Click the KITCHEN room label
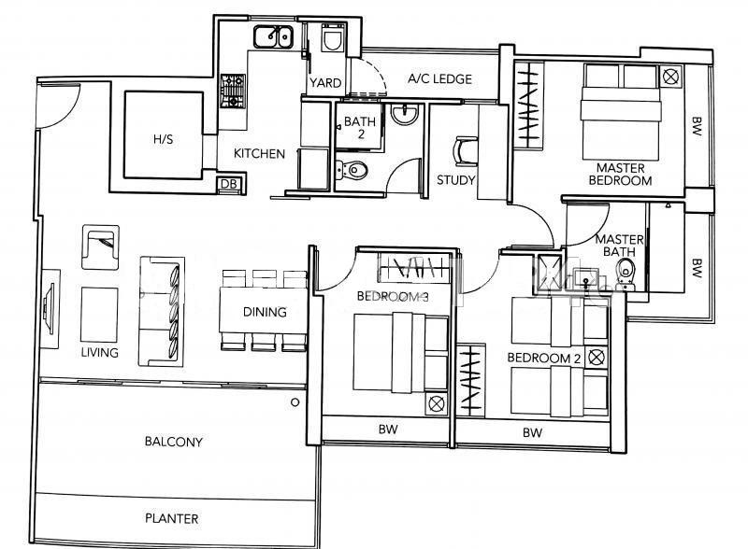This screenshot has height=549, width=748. coord(259,153)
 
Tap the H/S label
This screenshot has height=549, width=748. coord(163,139)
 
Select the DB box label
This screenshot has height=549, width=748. coord(229,184)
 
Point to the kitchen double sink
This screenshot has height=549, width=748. coord(273,36)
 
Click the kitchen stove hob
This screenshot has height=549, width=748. coord(233,91)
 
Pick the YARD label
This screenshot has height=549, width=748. coord(325,83)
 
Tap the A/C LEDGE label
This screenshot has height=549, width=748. coord(439,79)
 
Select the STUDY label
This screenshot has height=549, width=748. coord(456,180)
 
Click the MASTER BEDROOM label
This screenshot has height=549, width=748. coord(620,175)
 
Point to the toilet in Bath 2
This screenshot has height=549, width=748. coord(352,170)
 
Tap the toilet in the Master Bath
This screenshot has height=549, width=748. coord(625,276)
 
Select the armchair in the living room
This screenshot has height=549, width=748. coord(100,247)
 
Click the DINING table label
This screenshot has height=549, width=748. coord(265,312)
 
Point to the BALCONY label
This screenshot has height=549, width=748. coord(174,442)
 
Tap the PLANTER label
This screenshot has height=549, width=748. coord(172,518)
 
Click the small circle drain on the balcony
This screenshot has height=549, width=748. coord(295,402)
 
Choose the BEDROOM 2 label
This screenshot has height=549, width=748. coord(544,358)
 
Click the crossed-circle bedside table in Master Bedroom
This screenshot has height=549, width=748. coord(670,77)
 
